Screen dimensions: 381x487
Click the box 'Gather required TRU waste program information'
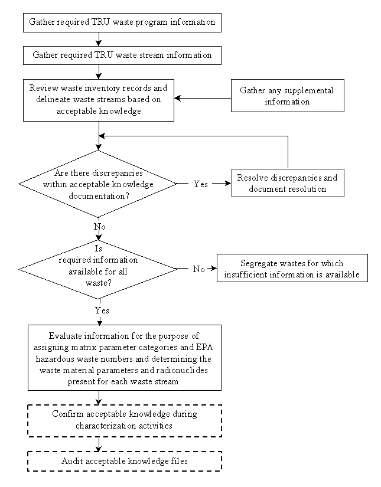[122, 22]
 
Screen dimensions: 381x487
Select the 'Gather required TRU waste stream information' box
[122, 55]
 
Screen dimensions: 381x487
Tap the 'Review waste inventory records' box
[99, 100]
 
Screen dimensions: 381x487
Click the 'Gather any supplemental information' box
[288, 96]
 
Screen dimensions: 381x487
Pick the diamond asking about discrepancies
[98, 184]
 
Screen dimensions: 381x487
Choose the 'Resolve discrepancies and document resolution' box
[288, 183]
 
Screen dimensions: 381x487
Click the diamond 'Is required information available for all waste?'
[98, 269]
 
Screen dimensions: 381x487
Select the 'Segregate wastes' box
[292, 268]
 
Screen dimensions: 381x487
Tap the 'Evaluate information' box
[124, 358]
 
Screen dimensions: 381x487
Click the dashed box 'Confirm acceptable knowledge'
[124, 420]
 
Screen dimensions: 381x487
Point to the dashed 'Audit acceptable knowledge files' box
[124, 461]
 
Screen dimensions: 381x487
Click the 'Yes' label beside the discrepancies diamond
[201, 184]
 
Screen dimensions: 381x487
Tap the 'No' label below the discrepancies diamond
[100, 227]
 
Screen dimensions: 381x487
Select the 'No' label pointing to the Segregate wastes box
[199, 269]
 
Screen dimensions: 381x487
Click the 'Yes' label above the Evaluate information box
[102, 310]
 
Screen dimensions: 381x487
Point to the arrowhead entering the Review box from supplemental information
[177, 98]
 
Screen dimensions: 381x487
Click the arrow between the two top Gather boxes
[99, 39]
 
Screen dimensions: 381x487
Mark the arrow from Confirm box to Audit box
[99, 444]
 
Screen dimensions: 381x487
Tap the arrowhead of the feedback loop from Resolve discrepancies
[102, 136]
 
